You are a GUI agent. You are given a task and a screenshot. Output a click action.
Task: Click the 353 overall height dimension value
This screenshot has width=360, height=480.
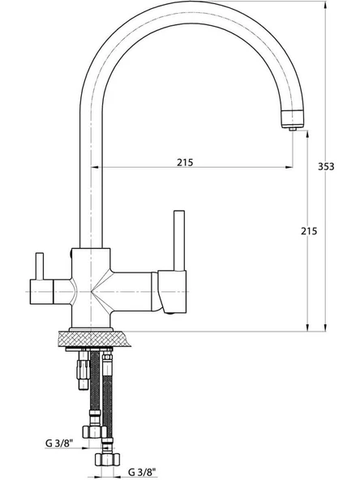326,166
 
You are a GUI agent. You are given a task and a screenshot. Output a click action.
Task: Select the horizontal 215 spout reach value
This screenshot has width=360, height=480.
185,162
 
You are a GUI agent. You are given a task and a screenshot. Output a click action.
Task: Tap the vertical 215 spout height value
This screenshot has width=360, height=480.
309,231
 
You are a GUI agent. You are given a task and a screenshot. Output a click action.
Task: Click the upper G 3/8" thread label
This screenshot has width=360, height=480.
60,443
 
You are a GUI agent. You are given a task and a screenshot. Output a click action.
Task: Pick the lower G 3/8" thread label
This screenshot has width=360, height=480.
142,473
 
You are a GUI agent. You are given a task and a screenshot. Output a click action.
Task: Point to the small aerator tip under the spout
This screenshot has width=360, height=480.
293,129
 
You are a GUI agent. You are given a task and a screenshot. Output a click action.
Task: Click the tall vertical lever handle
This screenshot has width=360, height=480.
179,241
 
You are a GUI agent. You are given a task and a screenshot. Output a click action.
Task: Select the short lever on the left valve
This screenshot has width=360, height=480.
40,266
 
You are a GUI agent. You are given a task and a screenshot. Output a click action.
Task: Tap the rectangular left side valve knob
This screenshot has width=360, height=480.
41,292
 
